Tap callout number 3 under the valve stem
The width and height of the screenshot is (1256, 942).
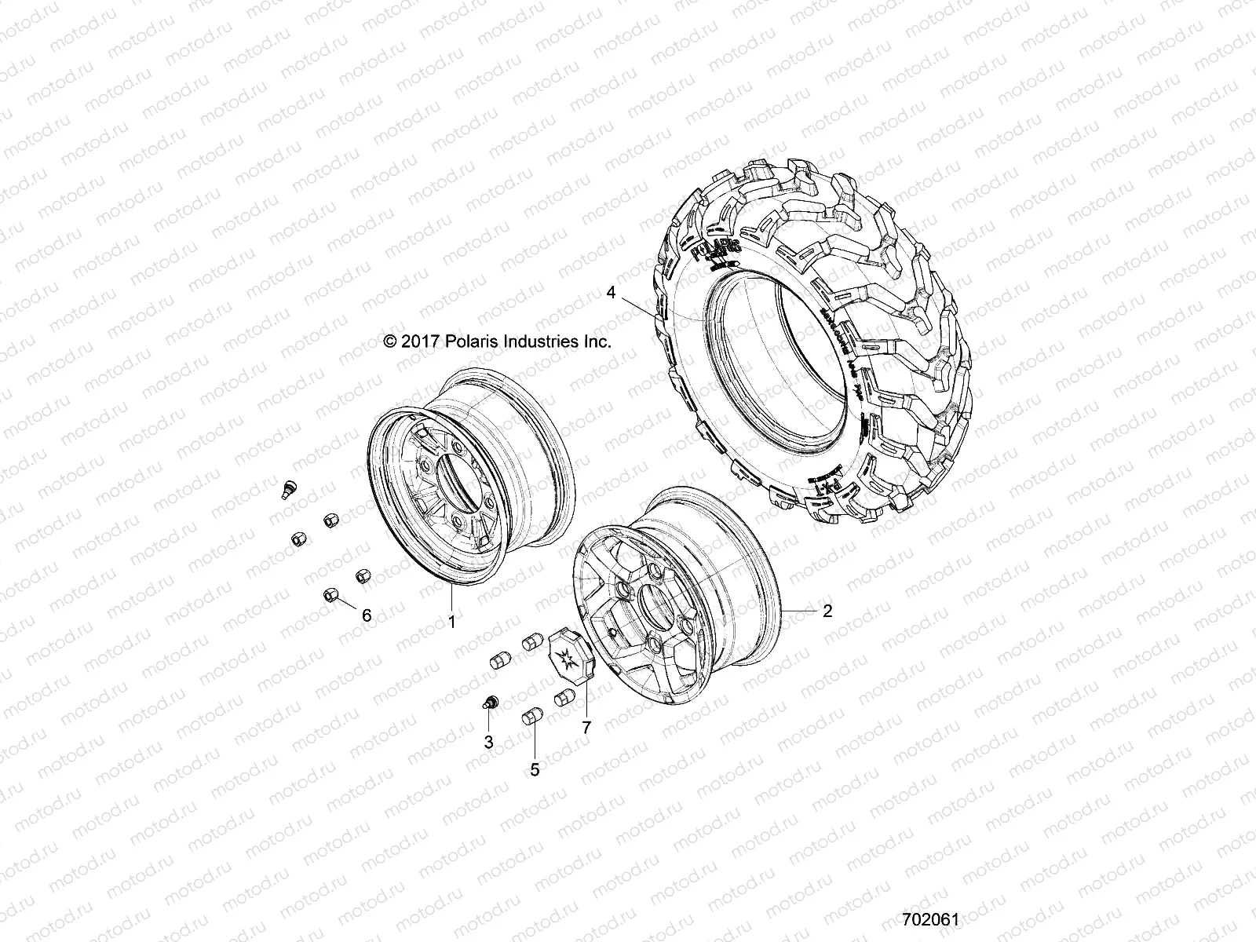pos(488,741)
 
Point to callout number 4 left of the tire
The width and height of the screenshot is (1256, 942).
pos(611,293)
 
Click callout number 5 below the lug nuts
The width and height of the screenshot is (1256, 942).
pos(535,770)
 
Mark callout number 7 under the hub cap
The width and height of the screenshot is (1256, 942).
pos(586,727)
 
